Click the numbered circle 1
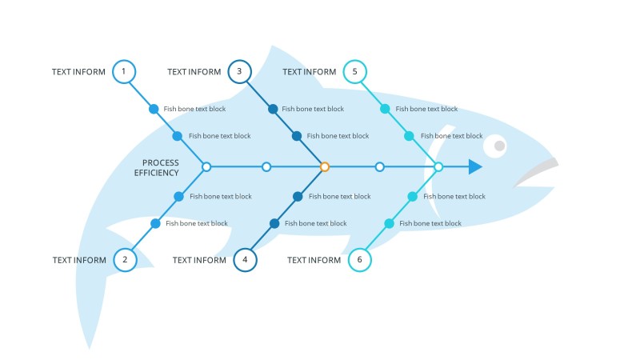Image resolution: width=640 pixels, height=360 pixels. click(123, 72)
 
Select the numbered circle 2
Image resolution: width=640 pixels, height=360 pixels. click(125, 260)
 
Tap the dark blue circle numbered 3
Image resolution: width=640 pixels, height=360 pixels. click(239, 72)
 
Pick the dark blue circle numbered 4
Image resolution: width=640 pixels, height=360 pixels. click(245, 260)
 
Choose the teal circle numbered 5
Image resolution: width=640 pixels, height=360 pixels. click(354, 72)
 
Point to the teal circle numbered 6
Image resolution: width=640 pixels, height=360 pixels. click(360, 260)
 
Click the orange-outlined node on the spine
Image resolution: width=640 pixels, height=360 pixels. click(325, 166)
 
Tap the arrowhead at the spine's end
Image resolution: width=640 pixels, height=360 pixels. click(475, 166)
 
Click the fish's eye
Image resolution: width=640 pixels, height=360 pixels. click(496, 146)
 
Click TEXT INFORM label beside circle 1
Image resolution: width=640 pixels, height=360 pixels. click(78, 72)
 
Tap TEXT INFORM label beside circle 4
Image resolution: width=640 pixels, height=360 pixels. click(199, 260)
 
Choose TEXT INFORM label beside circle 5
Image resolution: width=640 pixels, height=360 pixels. click(310, 72)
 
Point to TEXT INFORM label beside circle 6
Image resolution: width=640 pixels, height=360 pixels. click(314, 260)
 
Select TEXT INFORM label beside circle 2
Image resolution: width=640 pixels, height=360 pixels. click(79, 260)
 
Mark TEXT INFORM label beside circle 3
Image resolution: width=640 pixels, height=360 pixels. click(194, 72)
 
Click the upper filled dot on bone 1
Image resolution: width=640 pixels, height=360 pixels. click(154, 109)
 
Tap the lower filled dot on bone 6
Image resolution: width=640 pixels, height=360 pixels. click(389, 224)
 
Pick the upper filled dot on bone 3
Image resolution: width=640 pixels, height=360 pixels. click(273, 109)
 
